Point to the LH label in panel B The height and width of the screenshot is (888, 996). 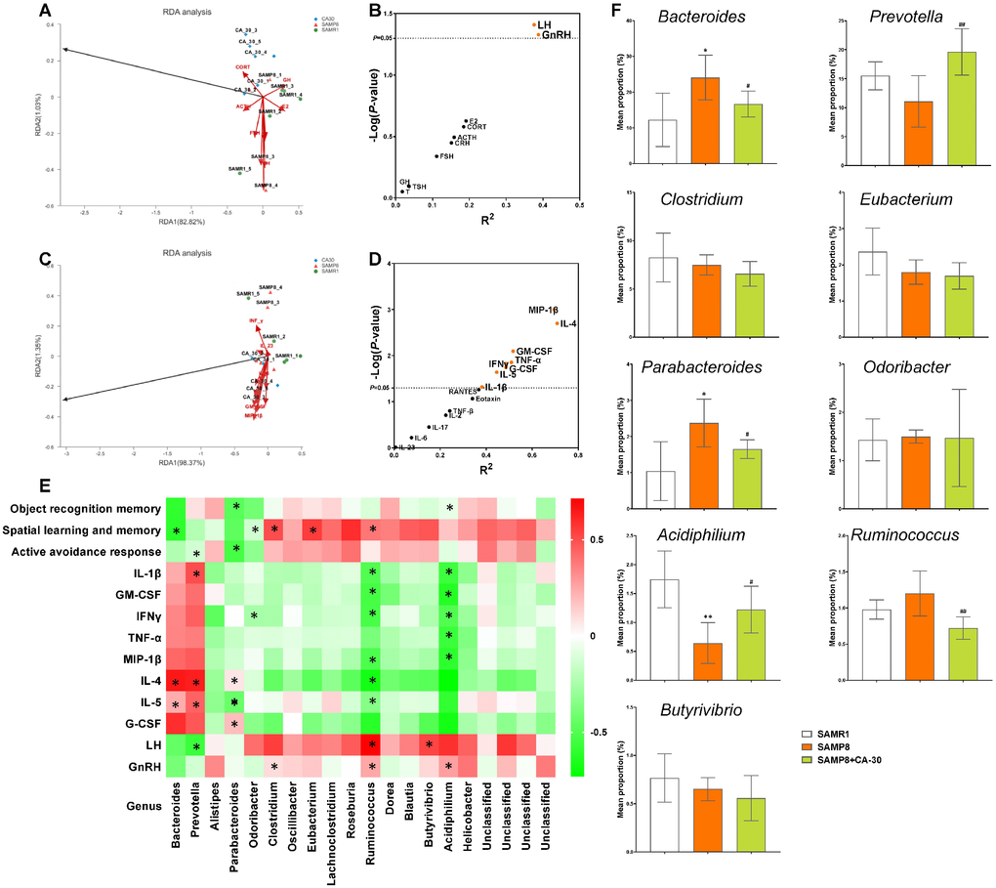coord(544,23)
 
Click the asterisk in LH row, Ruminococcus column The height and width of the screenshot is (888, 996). coord(373,745)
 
